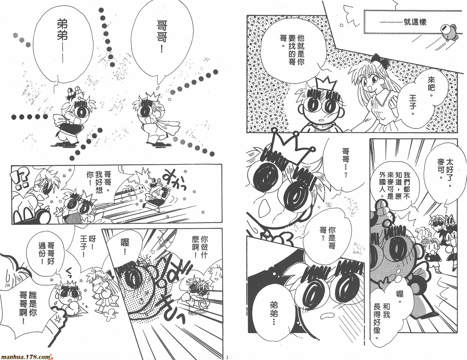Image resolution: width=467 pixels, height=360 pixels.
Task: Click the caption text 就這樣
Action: (x=415, y=22)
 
